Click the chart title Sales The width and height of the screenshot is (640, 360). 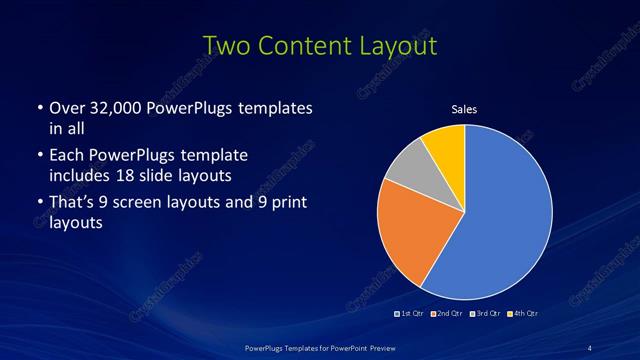pos(465,109)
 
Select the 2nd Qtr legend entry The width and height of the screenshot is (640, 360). pos(450,314)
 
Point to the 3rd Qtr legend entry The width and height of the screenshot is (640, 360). pos(487,314)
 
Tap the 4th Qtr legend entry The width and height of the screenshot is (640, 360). pos(524,314)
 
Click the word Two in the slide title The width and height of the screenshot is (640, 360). pos(230,46)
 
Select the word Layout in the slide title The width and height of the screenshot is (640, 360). pos(400,46)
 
